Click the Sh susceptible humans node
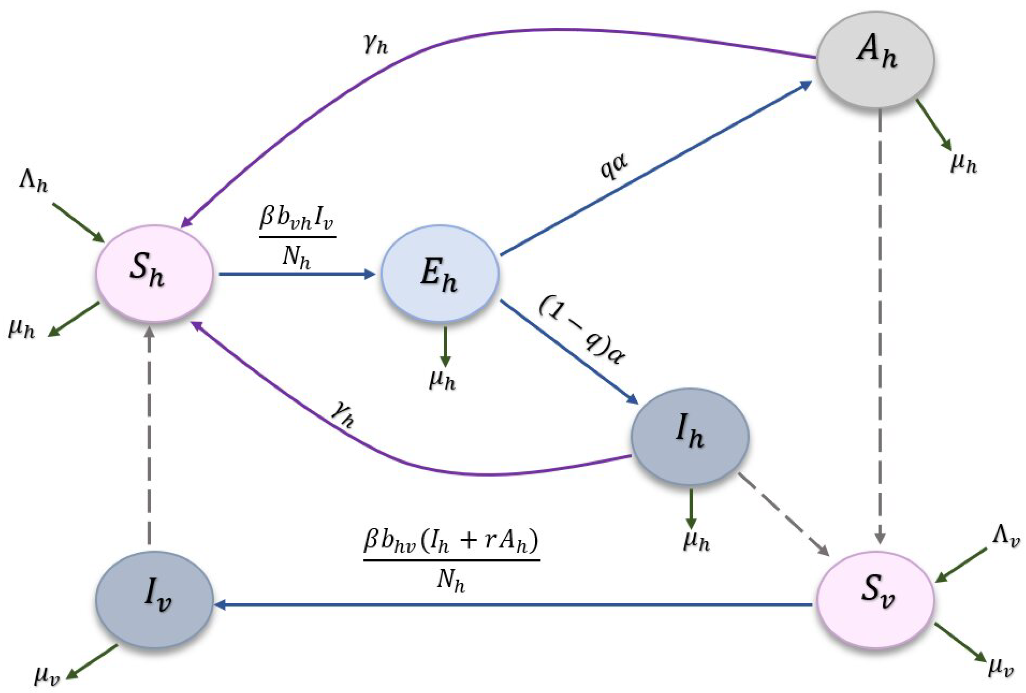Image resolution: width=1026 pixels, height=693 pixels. pos(155,274)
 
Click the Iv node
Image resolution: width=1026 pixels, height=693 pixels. pos(155,599)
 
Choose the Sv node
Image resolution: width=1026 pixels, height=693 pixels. pos(875,599)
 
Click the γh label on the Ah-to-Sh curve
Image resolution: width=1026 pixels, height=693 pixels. pos(376,44)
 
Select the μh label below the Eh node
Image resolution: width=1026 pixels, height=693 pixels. pos(442,379)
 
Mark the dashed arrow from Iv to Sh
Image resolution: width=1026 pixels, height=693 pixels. pos(150,437)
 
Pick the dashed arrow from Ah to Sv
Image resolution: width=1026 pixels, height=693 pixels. pos(880,327)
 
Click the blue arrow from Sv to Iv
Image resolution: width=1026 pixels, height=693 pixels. pos(512,605)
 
